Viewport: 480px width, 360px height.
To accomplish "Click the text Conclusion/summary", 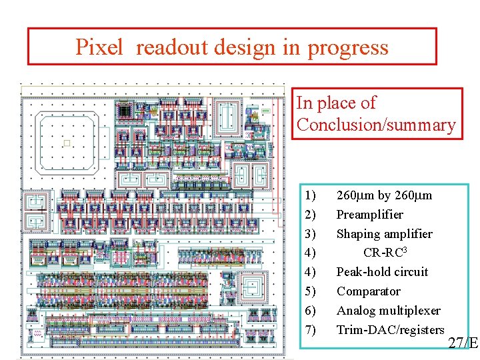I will tap(376, 125).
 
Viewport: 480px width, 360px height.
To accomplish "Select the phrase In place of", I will tap(336, 103).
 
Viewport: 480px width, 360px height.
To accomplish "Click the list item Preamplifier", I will tap(369, 215).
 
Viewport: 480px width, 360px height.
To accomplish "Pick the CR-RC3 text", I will tap(385, 253).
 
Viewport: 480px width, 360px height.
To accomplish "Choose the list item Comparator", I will tap(368, 291).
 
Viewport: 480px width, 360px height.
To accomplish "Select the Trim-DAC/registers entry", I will tap(390, 330).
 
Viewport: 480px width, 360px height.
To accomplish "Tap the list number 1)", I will tap(310, 196).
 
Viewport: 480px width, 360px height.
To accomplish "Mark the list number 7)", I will tap(310, 330).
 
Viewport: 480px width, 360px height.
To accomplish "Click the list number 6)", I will tap(310, 311).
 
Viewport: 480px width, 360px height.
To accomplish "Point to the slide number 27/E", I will tap(463, 343).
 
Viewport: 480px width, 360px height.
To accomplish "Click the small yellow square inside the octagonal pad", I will tap(66, 143).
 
